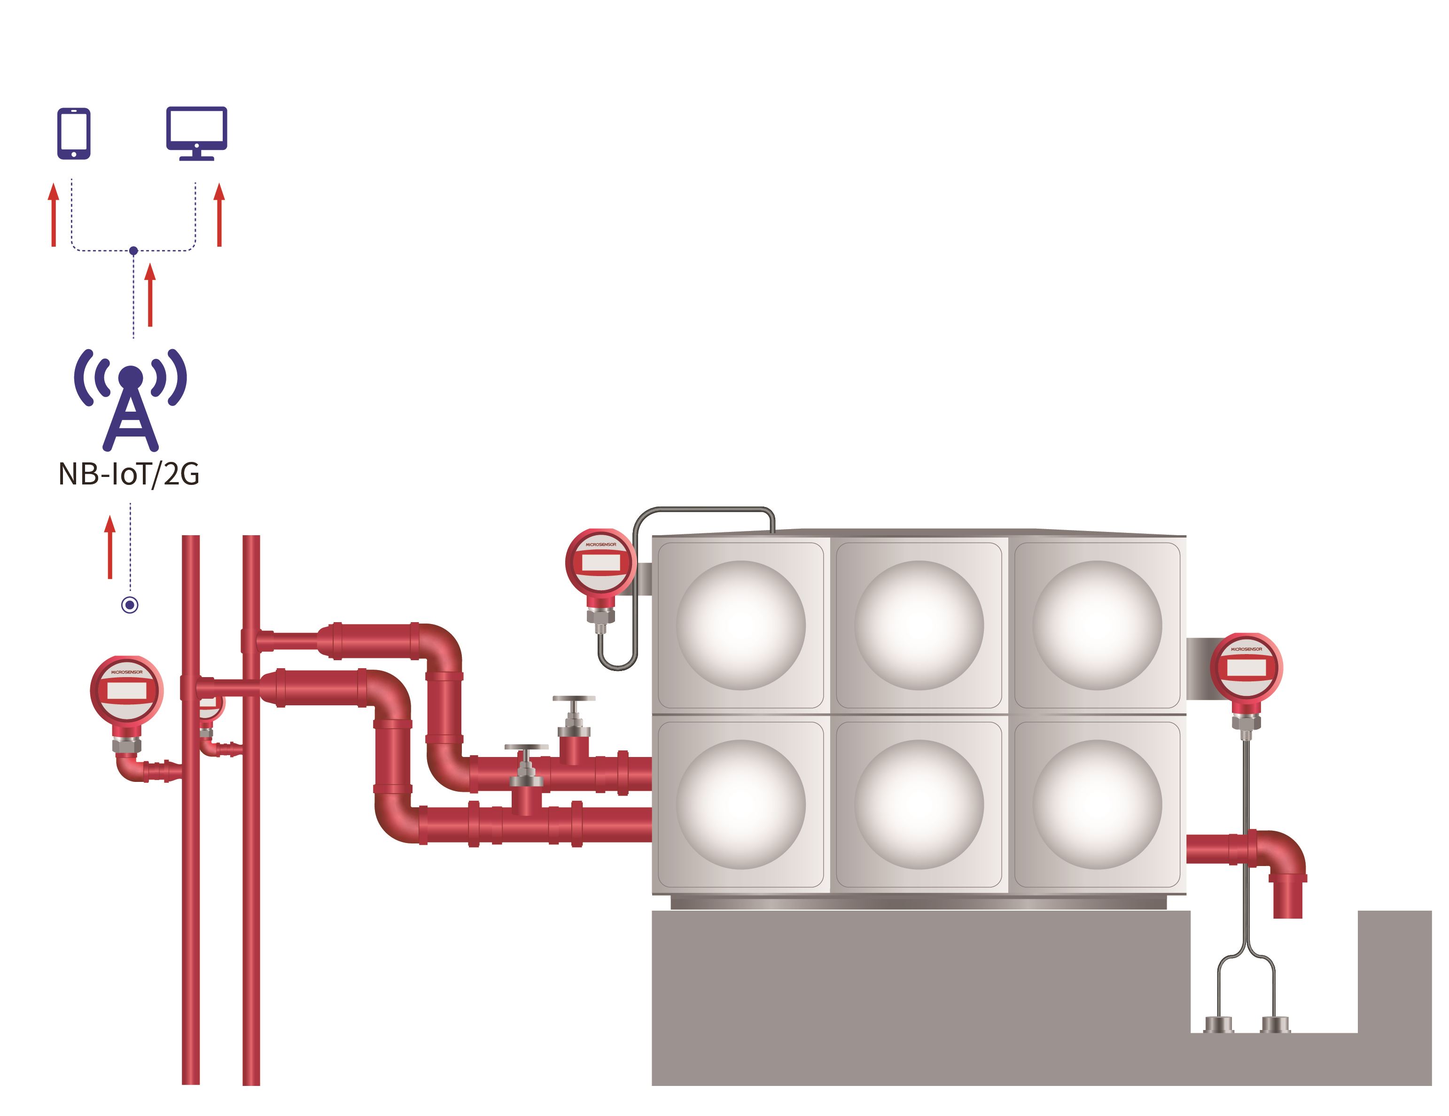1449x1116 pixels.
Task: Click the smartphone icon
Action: [x=74, y=133]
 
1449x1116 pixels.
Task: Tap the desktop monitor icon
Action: [x=196, y=133]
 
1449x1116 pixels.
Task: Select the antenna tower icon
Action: [x=131, y=399]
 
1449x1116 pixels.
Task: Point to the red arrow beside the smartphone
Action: [x=54, y=215]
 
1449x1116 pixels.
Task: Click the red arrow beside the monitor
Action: [x=219, y=215]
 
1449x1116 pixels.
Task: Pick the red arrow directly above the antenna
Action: [x=150, y=295]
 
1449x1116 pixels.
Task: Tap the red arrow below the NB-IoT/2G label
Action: [x=110, y=547]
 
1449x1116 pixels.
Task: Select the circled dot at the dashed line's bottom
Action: [x=130, y=605]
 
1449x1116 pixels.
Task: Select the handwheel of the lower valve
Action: [x=526, y=747]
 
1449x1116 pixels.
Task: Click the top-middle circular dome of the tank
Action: [x=919, y=625]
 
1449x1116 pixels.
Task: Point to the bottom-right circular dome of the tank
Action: [x=1098, y=804]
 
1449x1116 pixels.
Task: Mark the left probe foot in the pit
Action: [x=1218, y=1024]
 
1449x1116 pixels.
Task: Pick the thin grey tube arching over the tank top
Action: [x=703, y=509]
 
